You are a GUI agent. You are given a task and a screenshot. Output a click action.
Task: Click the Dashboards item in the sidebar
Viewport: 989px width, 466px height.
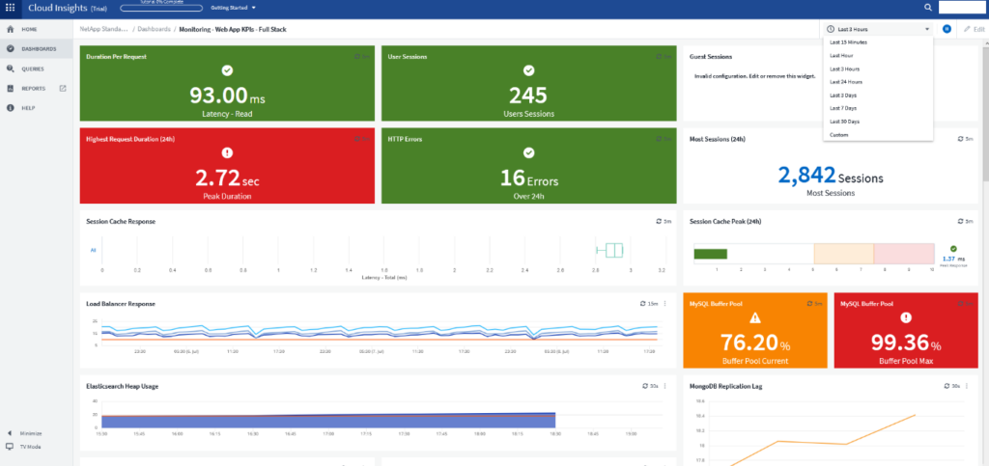pyautogui.click(x=38, y=48)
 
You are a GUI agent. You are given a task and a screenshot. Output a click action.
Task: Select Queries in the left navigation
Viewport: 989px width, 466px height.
pyautogui.click(x=32, y=69)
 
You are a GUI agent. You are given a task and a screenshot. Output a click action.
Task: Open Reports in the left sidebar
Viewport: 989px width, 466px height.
pyautogui.click(x=33, y=88)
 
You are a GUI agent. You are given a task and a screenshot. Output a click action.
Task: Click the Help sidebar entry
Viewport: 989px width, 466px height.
pyautogui.click(x=28, y=108)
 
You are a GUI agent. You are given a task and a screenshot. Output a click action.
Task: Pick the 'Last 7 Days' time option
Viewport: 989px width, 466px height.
pyautogui.click(x=844, y=108)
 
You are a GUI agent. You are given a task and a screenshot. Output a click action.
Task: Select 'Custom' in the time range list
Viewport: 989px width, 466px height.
pyautogui.click(x=838, y=135)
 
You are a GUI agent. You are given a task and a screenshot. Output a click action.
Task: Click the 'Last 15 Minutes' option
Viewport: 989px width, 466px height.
pyautogui.click(x=848, y=42)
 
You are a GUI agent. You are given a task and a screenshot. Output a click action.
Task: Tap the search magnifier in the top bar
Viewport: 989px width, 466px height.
pyautogui.click(x=928, y=8)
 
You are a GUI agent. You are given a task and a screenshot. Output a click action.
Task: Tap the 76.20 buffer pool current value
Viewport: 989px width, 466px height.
pyautogui.click(x=748, y=343)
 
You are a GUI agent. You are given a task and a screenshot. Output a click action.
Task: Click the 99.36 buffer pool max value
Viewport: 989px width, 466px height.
pyautogui.click(x=896, y=343)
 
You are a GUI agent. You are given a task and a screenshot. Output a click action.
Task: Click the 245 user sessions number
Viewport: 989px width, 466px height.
pyautogui.click(x=528, y=96)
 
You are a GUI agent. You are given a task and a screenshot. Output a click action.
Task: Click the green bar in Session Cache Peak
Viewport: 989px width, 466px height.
pyautogui.click(x=710, y=254)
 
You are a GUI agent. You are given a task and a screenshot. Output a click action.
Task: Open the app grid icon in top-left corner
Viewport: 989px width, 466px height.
pyautogui.click(x=11, y=8)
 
